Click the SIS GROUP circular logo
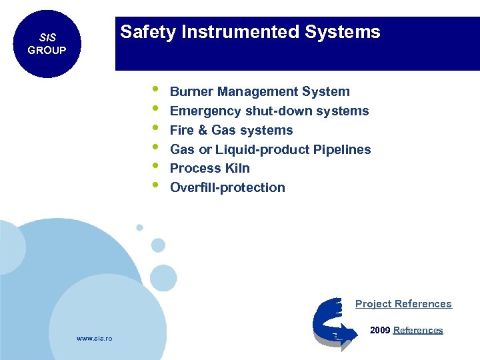click(x=46, y=44)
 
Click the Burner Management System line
click(x=259, y=91)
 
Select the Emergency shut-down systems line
click(x=269, y=111)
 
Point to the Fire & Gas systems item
click(x=231, y=130)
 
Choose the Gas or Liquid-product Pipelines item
click(x=270, y=149)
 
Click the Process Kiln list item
click(x=209, y=168)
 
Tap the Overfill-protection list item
click(x=227, y=187)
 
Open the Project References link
click(x=403, y=304)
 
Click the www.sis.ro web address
click(x=95, y=339)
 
